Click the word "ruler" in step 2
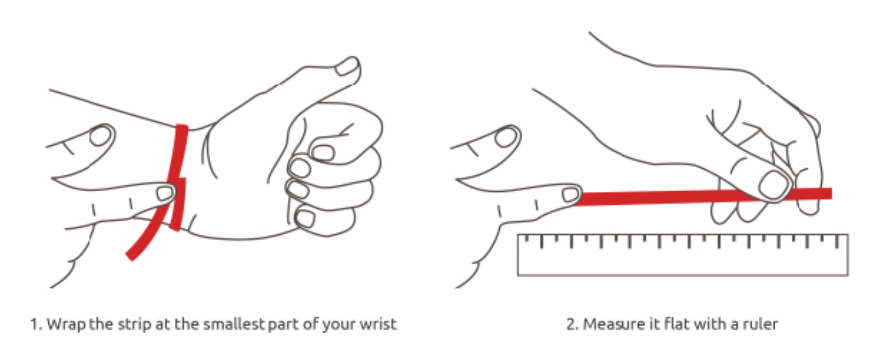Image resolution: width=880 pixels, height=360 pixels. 762,324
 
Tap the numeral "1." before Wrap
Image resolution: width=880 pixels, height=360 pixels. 35,324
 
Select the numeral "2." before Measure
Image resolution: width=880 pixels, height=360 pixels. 571,324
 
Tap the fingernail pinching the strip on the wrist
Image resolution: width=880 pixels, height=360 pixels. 165,193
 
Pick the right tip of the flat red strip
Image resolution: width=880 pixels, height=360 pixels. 828,193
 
